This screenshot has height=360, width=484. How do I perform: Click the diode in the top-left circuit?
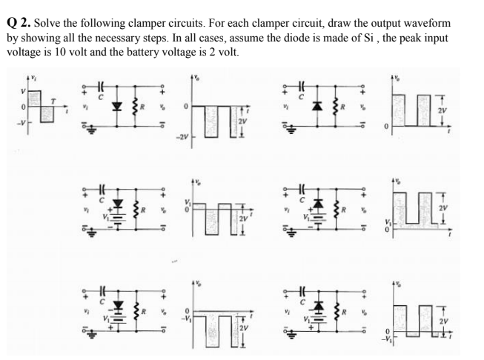point(115,106)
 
